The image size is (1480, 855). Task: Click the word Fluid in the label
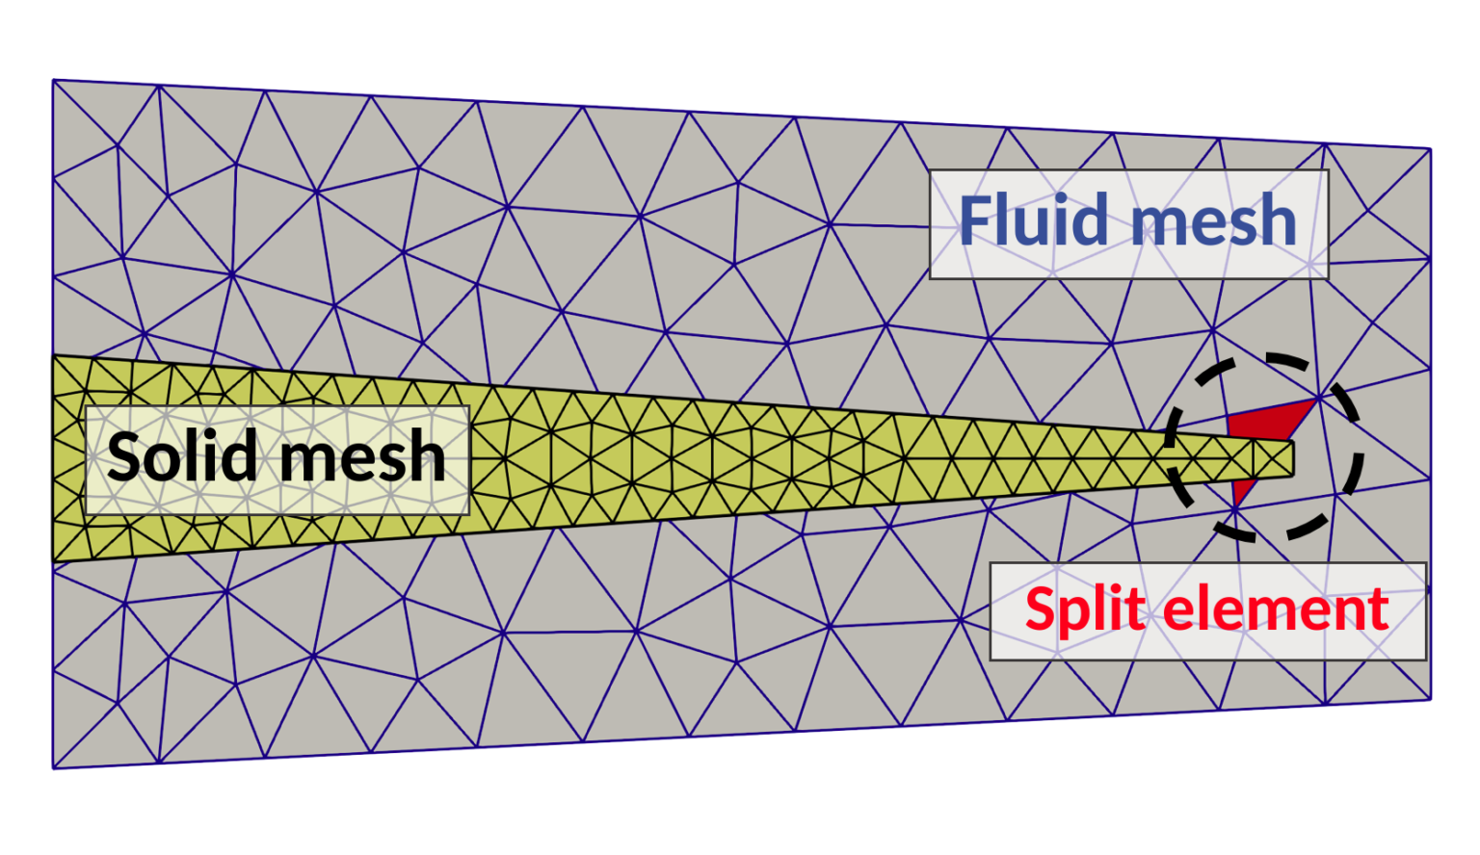click(1037, 220)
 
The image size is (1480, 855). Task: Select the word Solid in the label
click(182, 455)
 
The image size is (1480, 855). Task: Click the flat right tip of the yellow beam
click(1292, 458)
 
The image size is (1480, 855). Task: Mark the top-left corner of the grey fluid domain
click(53, 80)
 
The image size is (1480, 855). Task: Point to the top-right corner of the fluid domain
click(1431, 149)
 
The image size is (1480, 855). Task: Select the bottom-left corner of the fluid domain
click(53, 768)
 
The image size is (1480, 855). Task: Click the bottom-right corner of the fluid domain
click(1431, 699)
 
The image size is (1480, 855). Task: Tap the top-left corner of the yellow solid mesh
click(53, 356)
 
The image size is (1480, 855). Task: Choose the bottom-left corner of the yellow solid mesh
click(53, 561)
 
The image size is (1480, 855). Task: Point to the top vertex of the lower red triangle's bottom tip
click(1235, 507)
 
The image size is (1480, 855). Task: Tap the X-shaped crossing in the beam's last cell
click(1274, 458)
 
